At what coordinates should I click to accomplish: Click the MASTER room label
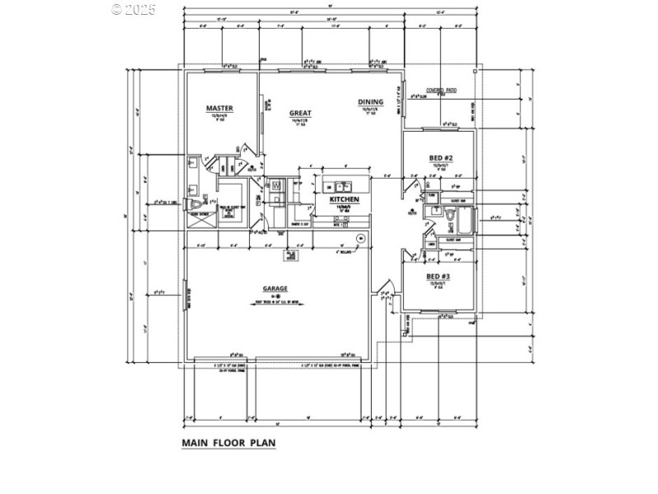[220, 108]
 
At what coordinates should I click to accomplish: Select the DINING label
[370, 103]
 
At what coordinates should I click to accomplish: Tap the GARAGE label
[275, 288]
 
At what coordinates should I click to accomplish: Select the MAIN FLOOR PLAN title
[229, 442]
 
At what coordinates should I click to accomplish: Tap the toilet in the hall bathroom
[451, 214]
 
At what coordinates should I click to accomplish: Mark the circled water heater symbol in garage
[359, 238]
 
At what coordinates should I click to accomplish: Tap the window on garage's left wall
[185, 294]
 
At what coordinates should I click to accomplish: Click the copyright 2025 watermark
[133, 10]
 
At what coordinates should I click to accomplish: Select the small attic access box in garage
[290, 256]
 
